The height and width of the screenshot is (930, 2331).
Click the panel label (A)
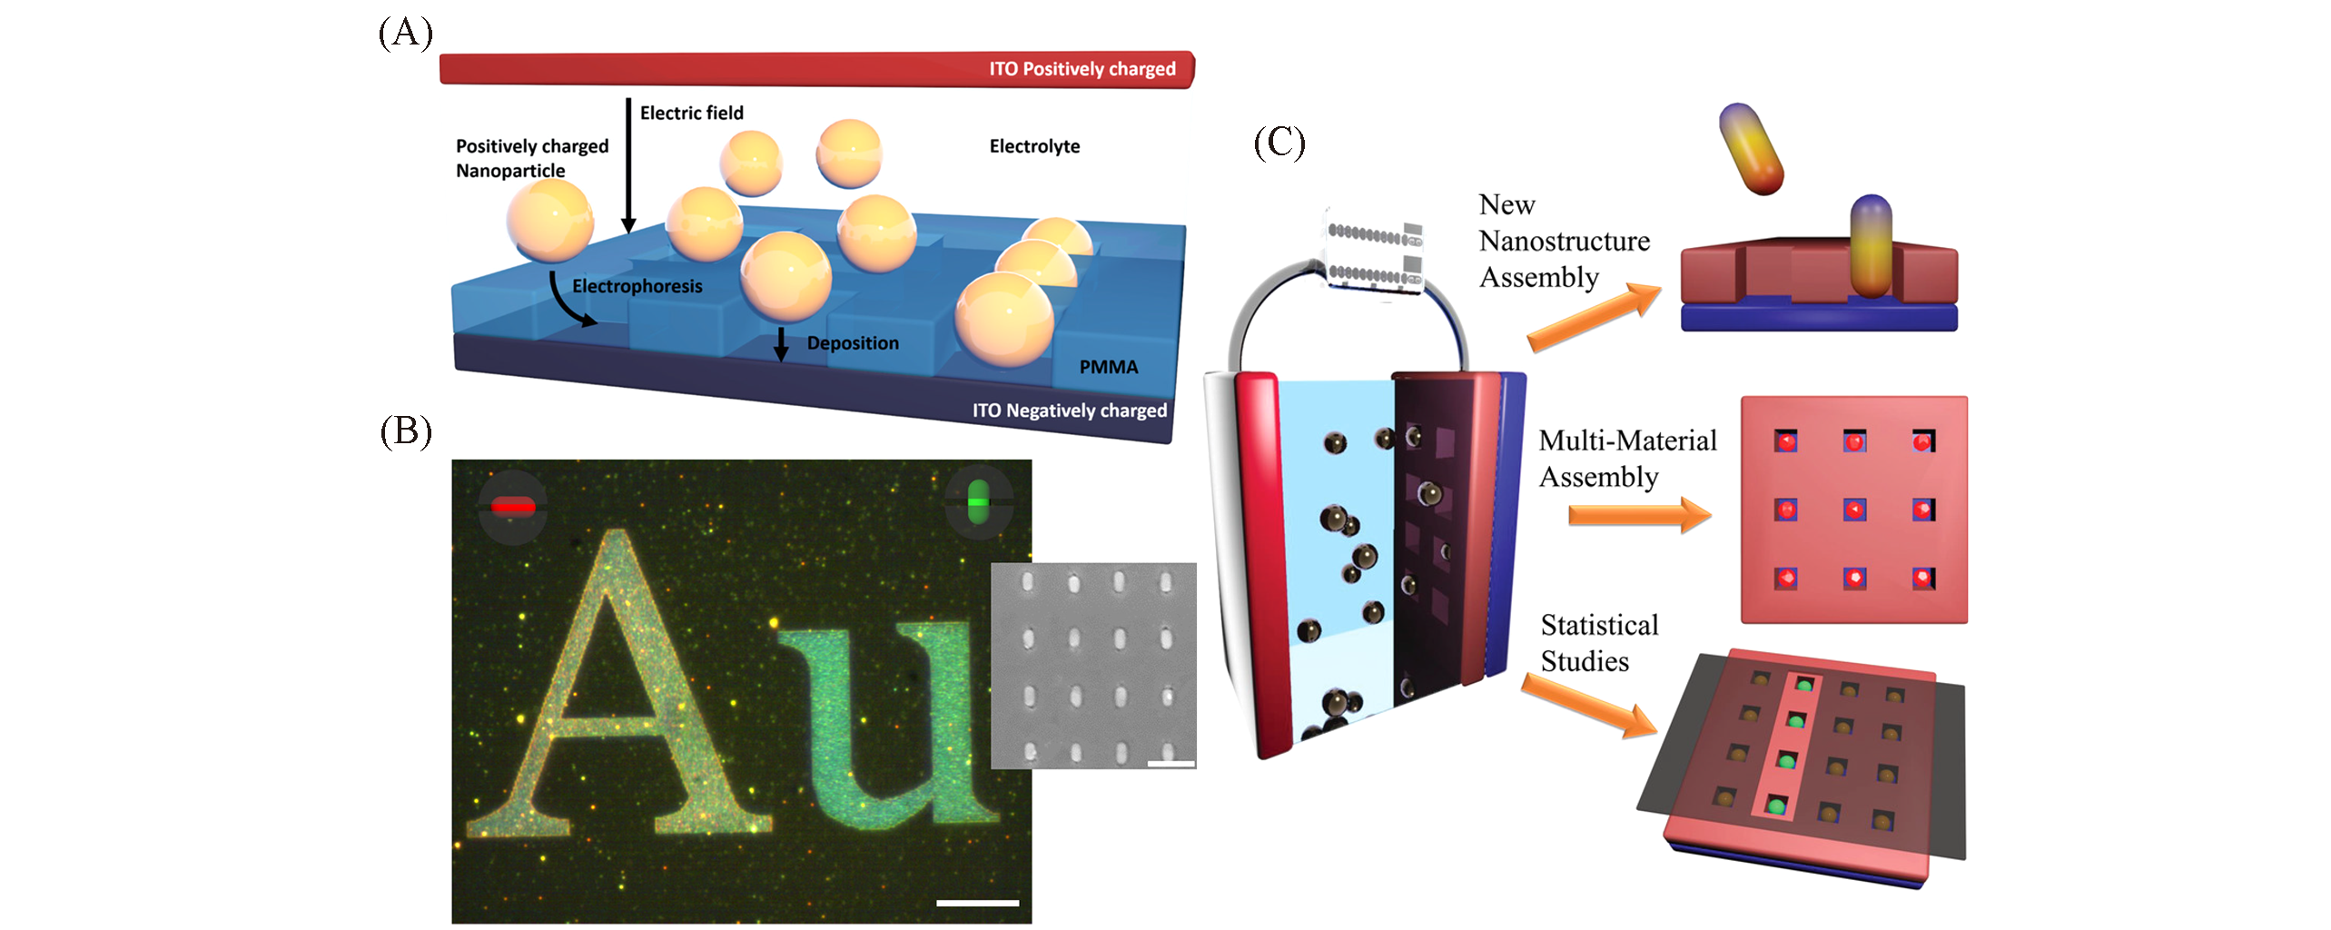[x=405, y=33]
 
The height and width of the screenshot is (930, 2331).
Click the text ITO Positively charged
[x=1082, y=69]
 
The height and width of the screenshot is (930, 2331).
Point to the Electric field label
[x=691, y=113]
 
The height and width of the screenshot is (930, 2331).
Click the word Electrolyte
[x=1034, y=146]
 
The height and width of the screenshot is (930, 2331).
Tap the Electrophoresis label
[x=637, y=286]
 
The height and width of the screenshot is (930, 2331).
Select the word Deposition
[x=853, y=343]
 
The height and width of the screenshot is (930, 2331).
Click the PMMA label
[x=1108, y=367]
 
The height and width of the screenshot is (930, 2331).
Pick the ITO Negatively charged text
[x=1069, y=411]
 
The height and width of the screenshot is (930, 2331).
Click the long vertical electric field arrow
[x=627, y=163]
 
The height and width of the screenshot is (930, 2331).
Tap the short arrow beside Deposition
[x=780, y=344]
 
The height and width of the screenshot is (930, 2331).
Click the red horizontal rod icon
[x=513, y=506]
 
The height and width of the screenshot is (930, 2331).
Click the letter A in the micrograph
[x=617, y=690]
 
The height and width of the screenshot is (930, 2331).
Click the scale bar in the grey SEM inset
[x=1170, y=763]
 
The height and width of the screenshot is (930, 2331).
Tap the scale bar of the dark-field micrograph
[x=977, y=903]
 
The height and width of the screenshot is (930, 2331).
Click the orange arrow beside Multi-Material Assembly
[x=1639, y=515]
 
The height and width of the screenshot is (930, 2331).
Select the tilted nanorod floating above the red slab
[x=1751, y=148]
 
